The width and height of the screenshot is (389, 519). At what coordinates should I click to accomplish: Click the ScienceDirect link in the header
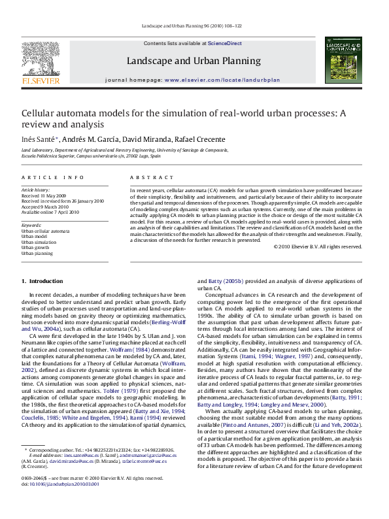(224, 44)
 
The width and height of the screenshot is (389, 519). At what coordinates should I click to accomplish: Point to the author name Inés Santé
(41, 139)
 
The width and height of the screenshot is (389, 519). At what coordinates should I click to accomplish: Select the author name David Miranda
(148, 139)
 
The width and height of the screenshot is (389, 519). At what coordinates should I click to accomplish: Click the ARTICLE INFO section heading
(52, 178)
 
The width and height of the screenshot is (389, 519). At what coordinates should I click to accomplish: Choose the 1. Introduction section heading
(42, 281)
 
